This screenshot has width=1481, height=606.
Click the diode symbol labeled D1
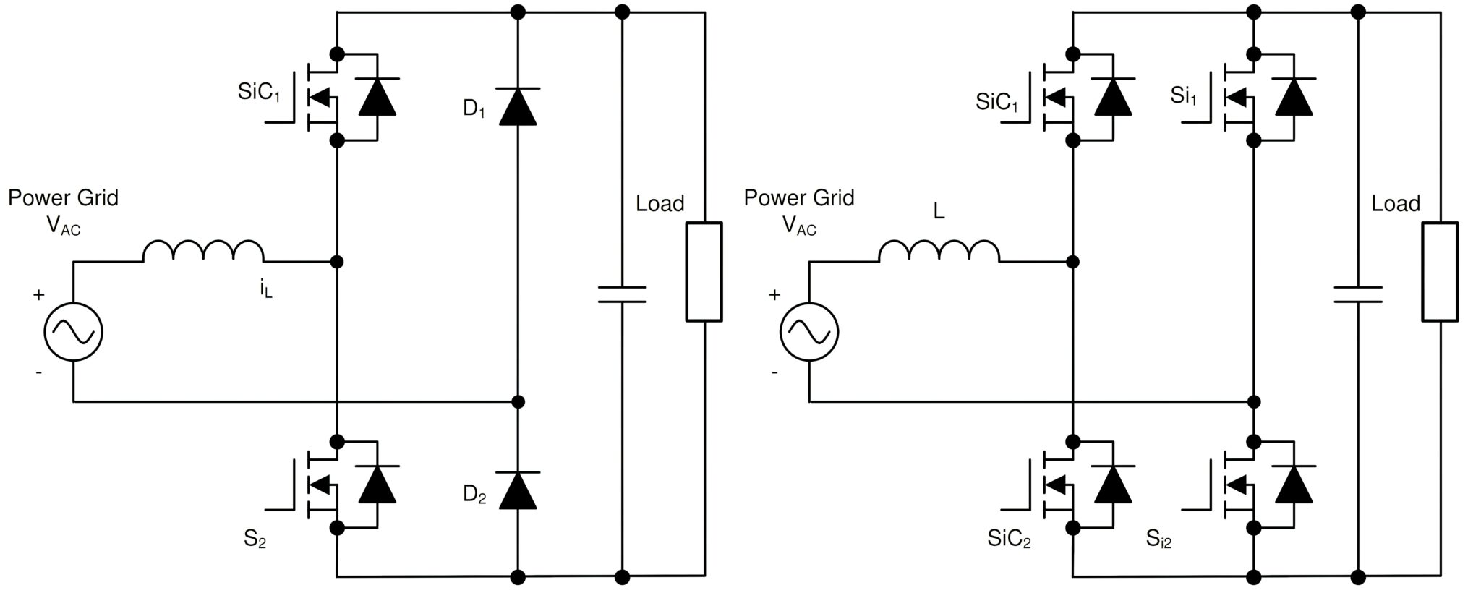tap(518, 106)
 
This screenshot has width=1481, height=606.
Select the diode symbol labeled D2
tap(518, 490)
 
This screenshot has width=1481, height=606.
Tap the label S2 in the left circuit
tap(255, 539)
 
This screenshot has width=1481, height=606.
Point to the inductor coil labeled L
tap(939, 251)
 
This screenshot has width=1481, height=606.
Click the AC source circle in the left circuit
tap(74, 331)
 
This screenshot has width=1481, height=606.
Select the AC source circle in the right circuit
tap(809, 331)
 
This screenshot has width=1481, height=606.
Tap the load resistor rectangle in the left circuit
tap(704, 271)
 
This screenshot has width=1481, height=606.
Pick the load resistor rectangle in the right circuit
tap(1440, 271)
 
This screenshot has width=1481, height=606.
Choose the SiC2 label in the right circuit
tap(1009, 539)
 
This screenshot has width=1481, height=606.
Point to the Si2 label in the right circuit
tap(1158, 539)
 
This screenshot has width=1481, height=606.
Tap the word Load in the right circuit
tap(1396, 203)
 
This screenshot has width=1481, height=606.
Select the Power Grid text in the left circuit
tap(63, 197)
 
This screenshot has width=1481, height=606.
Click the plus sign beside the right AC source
tap(774, 295)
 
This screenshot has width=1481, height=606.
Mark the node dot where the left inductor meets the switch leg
tap(336, 261)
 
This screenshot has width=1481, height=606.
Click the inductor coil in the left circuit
tap(203, 251)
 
